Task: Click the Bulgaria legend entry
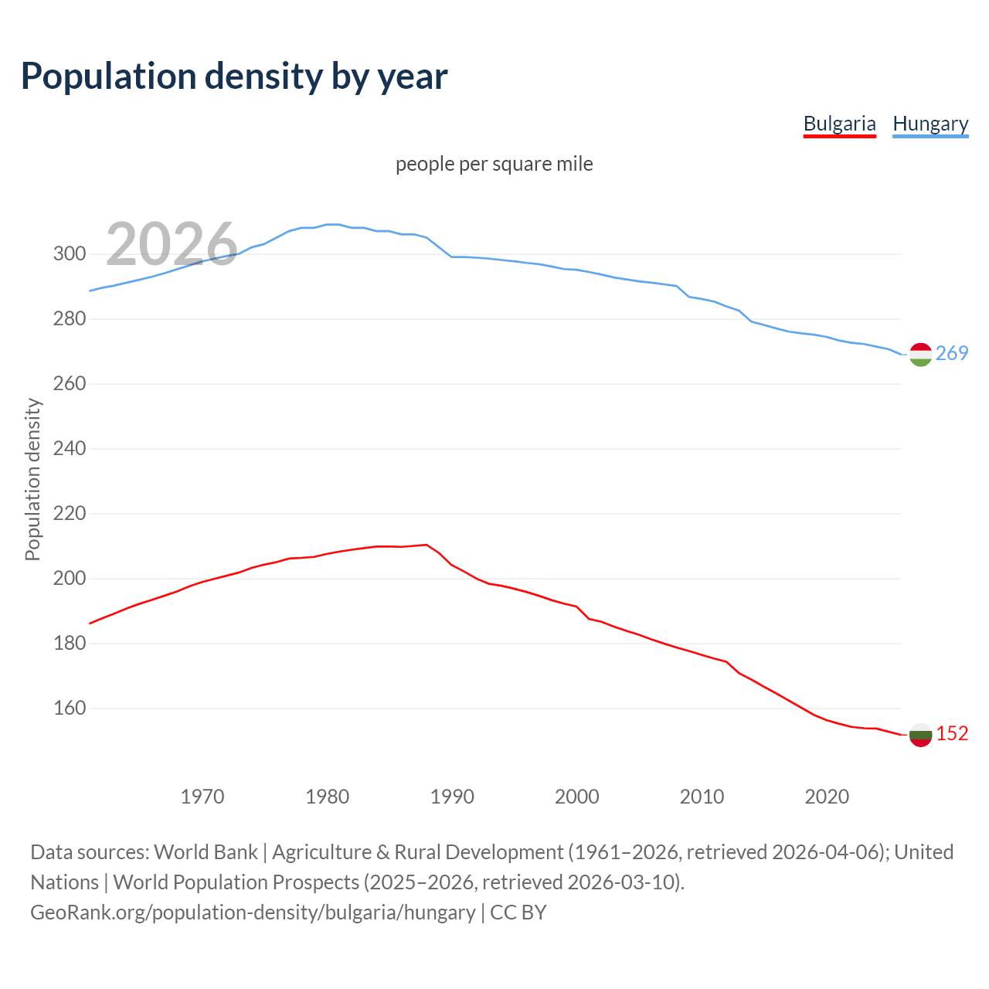pos(839,124)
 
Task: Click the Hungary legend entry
pos(930,124)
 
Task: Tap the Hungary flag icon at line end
pos(920,354)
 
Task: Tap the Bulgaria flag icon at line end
pos(920,734)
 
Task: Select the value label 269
pos(952,354)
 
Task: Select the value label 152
pos(952,734)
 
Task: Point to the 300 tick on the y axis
pos(70,254)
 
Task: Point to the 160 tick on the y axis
pos(70,709)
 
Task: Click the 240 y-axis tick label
pos(70,449)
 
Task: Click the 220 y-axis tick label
pos(70,514)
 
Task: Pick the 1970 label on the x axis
pos(202,797)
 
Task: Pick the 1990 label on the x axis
pos(452,797)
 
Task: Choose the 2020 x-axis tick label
pos(827,797)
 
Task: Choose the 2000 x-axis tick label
pos(577,797)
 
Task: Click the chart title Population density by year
pos(234,76)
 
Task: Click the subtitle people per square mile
pos(494,165)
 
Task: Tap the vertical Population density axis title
pos(32,479)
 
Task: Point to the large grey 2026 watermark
pos(172,245)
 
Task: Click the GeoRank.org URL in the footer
pos(253,913)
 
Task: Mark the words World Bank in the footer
pos(206,852)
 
